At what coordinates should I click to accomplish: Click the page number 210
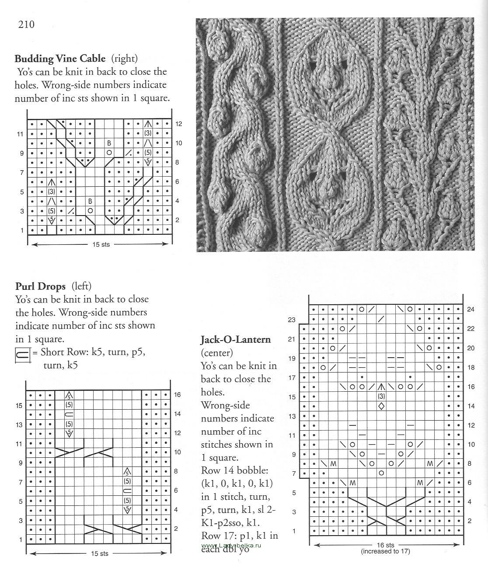pyautogui.click(x=26, y=24)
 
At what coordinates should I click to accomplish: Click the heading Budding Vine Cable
pyautogui.click(x=60, y=59)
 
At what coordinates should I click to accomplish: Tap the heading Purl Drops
pyautogui.click(x=40, y=287)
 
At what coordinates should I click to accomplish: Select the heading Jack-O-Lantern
pyautogui.click(x=236, y=339)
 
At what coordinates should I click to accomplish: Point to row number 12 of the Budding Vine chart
pyautogui.click(x=178, y=124)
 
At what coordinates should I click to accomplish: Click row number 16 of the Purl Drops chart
pyautogui.click(x=177, y=395)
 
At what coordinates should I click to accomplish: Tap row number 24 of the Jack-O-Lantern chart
pyautogui.click(x=471, y=310)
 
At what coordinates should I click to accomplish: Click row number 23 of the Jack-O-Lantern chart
pyautogui.click(x=292, y=320)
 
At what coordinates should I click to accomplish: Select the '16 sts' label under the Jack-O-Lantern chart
pyautogui.click(x=385, y=545)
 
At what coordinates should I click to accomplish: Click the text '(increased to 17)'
pyautogui.click(x=385, y=551)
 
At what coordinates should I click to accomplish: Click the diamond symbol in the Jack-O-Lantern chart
pyautogui.click(x=381, y=406)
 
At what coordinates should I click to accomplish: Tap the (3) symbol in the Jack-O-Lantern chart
pyautogui.click(x=381, y=397)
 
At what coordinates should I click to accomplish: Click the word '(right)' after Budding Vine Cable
pyautogui.click(x=124, y=59)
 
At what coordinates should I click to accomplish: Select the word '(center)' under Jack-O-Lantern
pyautogui.click(x=217, y=352)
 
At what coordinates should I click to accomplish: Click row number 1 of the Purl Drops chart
pyautogui.click(x=21, y=540)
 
